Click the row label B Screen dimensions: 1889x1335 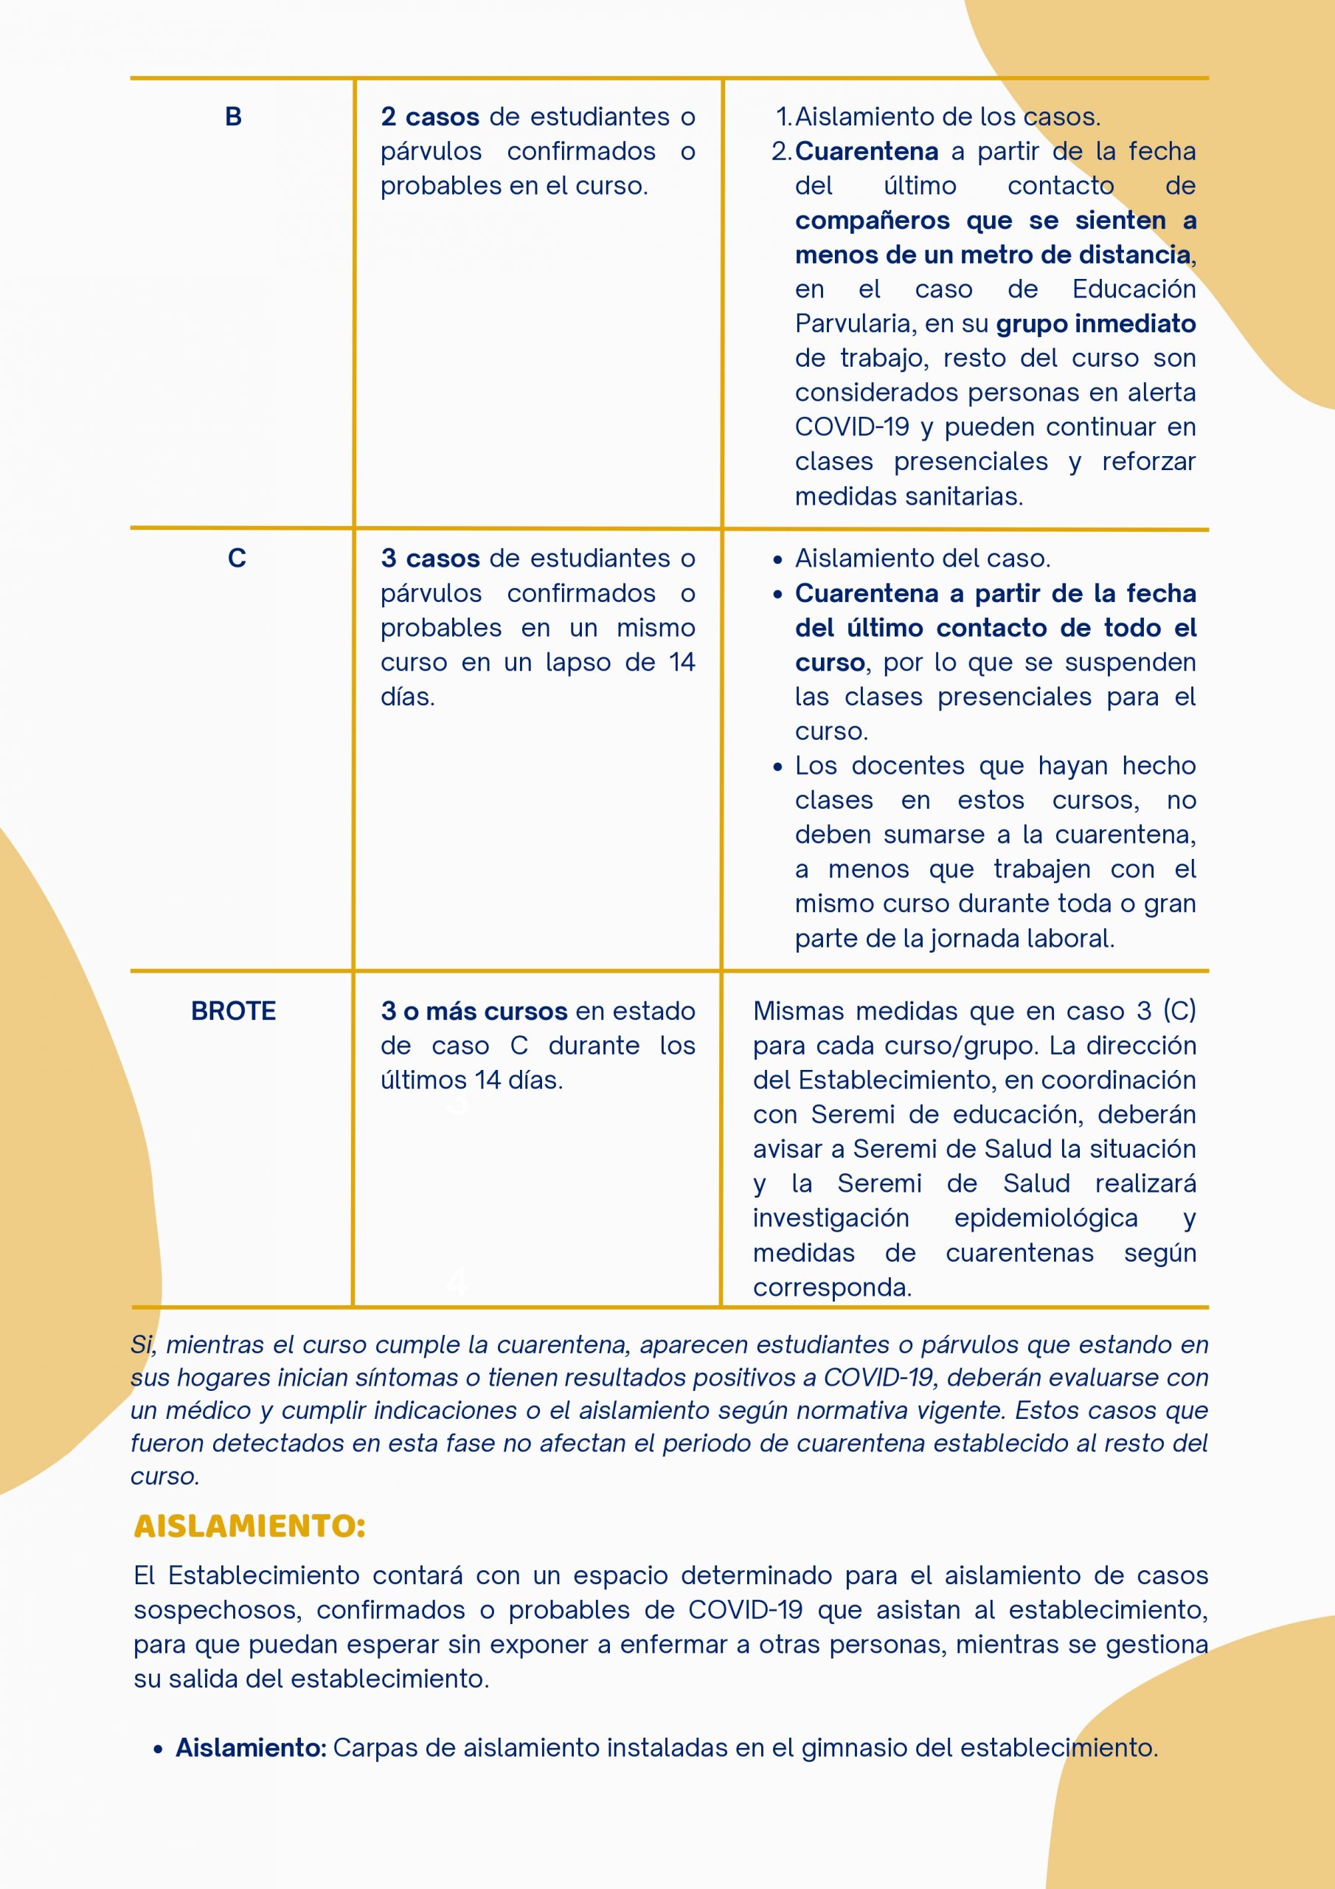tap(234, 117)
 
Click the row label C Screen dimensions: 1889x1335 tap(237, 559)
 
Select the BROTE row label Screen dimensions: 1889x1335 tap(234, 1011)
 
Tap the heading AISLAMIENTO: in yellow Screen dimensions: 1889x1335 tap(249, 1526)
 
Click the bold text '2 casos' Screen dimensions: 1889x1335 tap(429, 117)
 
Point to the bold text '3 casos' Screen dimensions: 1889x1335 tap(429, 559)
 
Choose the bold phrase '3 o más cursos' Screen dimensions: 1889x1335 tap(474, 1011)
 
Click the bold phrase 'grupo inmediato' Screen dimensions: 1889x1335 tap(1095, 324)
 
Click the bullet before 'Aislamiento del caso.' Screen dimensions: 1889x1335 tap(778, 560)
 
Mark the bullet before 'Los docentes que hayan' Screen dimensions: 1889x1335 tap(778, 767)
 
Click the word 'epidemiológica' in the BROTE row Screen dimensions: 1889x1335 tap(1045, 1218)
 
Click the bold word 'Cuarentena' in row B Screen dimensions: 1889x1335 tap(866, 151)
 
